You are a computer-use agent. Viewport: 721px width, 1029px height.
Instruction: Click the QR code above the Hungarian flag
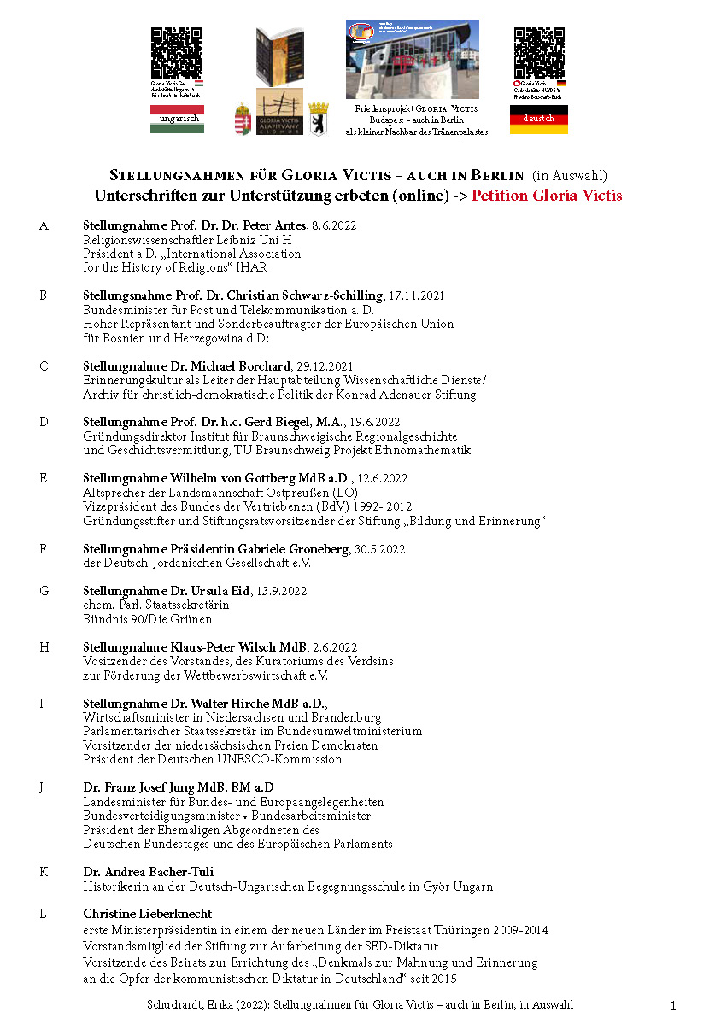(x=176, y=53)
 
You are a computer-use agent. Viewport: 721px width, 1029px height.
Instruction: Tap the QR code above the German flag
(x=538, y=53)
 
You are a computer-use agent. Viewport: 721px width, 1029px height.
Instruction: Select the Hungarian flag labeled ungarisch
(x=177, y=120)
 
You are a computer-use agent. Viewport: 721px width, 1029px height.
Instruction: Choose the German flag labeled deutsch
(x=538, y=120)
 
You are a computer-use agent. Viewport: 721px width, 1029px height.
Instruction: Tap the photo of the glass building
(x=412, y=60)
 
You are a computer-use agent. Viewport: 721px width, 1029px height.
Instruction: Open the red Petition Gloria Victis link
(x=547, y=196)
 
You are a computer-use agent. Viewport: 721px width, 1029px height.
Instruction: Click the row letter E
(x=44, y=478)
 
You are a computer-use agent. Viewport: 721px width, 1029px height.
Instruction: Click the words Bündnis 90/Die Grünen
(x=147, y=619)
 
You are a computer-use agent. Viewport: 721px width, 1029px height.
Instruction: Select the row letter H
(x=44, y=647)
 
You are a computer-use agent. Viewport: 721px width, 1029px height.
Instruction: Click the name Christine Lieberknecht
(x=147, y=914)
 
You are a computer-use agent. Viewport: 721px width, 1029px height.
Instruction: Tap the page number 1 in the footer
(x=672, y=1007)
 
